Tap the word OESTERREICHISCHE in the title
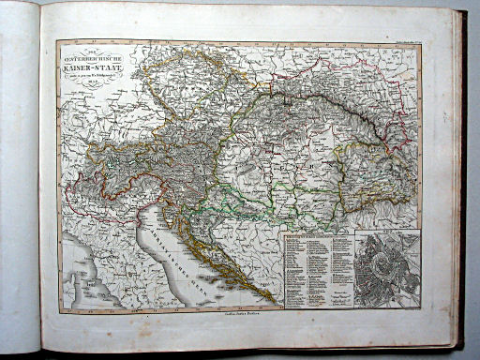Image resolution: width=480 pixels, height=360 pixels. tap(88, 56)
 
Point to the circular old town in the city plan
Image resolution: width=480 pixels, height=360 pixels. tap(384, 268)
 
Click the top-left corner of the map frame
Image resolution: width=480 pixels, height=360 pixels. tap(57, 42)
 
